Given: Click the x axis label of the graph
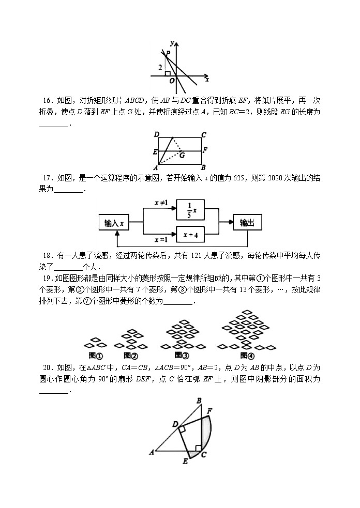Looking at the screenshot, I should coord(207,80).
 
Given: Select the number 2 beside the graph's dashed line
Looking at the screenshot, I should coord(160,68).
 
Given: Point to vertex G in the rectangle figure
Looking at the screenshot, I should coord(182,155).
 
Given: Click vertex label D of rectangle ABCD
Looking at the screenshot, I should coord(157,135).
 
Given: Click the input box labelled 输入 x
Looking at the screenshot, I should coord(114,223).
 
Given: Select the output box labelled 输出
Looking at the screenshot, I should coord(247,223).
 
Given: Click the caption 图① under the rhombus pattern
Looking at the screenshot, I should coord(96,356).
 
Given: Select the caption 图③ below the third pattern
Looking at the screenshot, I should coord(181,356).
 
